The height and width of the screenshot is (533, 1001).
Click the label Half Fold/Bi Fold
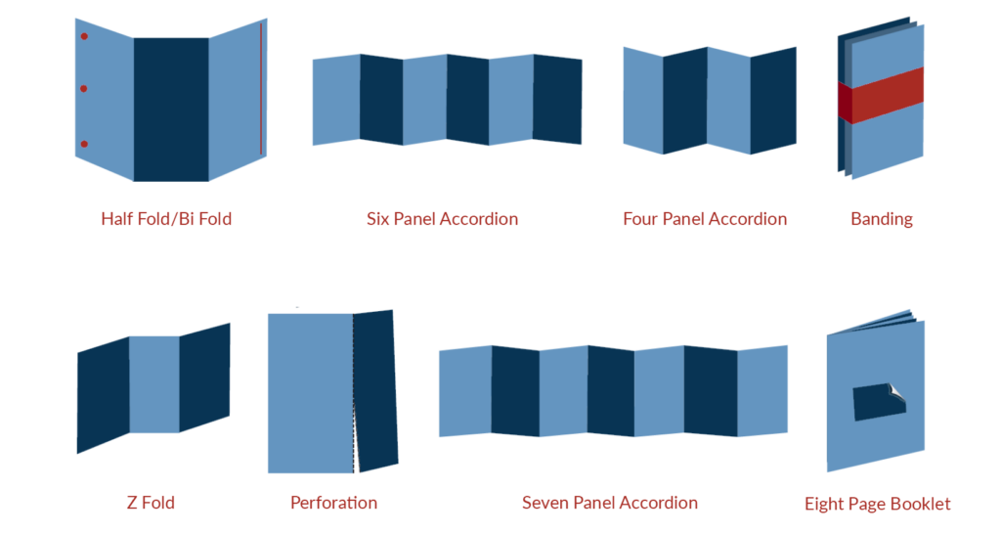166,219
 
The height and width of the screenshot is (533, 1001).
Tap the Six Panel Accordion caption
442,219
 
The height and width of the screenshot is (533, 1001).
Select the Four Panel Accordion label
704,219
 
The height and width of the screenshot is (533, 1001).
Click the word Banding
881,219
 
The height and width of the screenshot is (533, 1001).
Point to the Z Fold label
151,503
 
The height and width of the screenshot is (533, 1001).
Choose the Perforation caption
333,503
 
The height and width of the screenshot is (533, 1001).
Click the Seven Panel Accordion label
609,503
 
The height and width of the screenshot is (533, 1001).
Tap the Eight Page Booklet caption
877,504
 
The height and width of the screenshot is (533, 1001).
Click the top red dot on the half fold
84,37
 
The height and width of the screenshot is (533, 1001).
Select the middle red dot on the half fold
84,89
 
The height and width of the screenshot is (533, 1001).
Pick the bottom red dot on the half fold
84,144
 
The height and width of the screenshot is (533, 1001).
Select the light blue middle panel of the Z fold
153,384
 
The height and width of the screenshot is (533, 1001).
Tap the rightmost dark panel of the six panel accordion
557,101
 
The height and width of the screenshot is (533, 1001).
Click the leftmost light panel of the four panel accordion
643,101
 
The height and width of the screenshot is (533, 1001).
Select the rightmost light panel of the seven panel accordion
762,390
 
